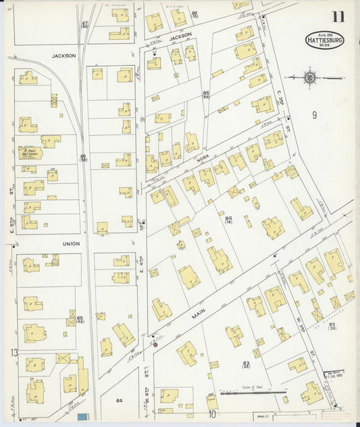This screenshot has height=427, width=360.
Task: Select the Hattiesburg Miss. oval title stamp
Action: pyautogui.click(x=324, y=40)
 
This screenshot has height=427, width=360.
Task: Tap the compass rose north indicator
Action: pyautogui.click(x=310, y=78)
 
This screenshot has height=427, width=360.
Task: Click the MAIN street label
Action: pyautogui.click(x=198, y=313)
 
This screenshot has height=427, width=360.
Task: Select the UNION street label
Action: pyautogui.click(x=71, y=243)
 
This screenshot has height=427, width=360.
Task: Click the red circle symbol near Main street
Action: pyautogui.click(x=155, y=345)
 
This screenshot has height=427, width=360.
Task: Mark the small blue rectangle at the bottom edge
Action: pyautogui.click(x=82, y=418)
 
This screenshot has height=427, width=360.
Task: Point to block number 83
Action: pyautogui.click(x=246, y=364)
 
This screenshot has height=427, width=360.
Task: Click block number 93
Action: pyautogui.click(x=332, y=326)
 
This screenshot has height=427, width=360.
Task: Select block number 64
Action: pyautogui.click(x=120, y=401)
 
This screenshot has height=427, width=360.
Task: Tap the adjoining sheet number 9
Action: pyautogui.click(x=314, y=116)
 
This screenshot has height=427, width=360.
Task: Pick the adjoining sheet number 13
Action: pyautogui.click(x=14, y=353)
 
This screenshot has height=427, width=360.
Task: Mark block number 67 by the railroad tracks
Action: pyautogui.click(x=85, y=25)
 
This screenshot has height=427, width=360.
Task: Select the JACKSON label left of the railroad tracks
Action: pyautogui.click(x=63, y=56)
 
